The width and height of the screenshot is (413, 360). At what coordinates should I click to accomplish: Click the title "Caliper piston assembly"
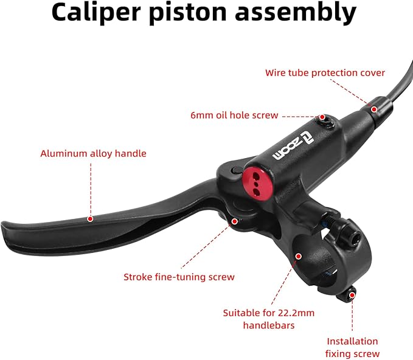coord(204,12)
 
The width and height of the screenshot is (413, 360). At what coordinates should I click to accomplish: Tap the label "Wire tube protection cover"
coord(325,73)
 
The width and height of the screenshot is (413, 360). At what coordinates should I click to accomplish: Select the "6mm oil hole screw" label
coord(234,116)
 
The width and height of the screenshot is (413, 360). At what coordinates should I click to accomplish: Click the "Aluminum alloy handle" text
coord(93,153)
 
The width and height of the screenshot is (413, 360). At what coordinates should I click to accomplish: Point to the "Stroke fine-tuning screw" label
coord(179,277)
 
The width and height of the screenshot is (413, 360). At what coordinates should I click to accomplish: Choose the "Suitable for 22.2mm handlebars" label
coord(269,319)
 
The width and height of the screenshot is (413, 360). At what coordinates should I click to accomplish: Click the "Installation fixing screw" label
coord(352,348)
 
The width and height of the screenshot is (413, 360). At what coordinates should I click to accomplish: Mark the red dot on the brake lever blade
coord(90,219)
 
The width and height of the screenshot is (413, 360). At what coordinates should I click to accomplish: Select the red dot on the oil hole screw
coord(322,117)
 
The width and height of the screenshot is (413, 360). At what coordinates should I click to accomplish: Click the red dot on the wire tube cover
coord(373,109)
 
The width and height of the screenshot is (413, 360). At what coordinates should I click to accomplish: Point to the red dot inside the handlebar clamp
coord(299,256)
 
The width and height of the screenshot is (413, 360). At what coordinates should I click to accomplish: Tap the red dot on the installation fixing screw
coord(352,296)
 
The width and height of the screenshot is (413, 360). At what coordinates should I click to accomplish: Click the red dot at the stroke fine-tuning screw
coord(234,221)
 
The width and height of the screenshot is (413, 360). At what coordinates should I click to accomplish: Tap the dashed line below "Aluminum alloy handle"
coord(91,189)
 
